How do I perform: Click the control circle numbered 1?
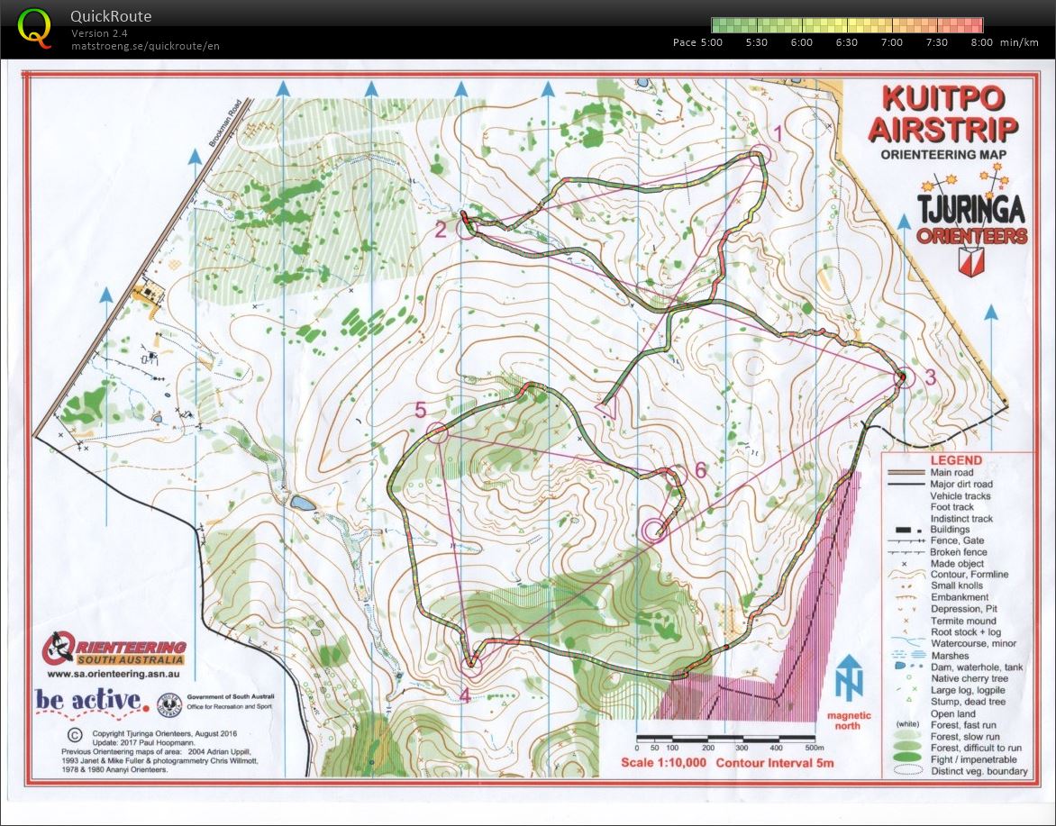click(762, 156)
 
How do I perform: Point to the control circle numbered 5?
click(438, 432)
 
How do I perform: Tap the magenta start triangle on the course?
click(607, 409)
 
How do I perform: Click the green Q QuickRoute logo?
click(35, 27)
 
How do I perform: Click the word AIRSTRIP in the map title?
click(943, 128)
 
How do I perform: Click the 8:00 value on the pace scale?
click(981, 42)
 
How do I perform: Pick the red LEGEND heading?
click(956, 459)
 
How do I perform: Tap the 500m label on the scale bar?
click(815, 748)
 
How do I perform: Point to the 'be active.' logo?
click(90, 700)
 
